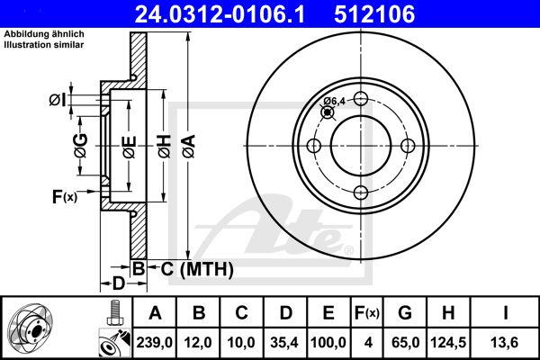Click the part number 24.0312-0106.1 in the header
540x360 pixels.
pyautogui.click(x=220, y=14)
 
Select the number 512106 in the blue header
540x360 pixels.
pyautogui.click(x=374, y=14)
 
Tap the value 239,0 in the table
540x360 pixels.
pyautogui.click(x=154, y=342)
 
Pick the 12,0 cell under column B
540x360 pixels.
pyautogui.click(x=198, y=342)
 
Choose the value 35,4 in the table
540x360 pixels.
pyautogui.click(x=284, y=342)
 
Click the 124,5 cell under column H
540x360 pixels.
pyautogui.click(x=448, y=342)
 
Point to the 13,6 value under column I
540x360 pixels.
pyautogui.click(x=505, y=342)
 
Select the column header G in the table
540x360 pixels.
pyautogui.click(x=405, y=313)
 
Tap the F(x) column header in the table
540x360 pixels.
pyautogui.click(x=367, y=313)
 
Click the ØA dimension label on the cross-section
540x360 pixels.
pyautogui.click(x=189, y=147)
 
